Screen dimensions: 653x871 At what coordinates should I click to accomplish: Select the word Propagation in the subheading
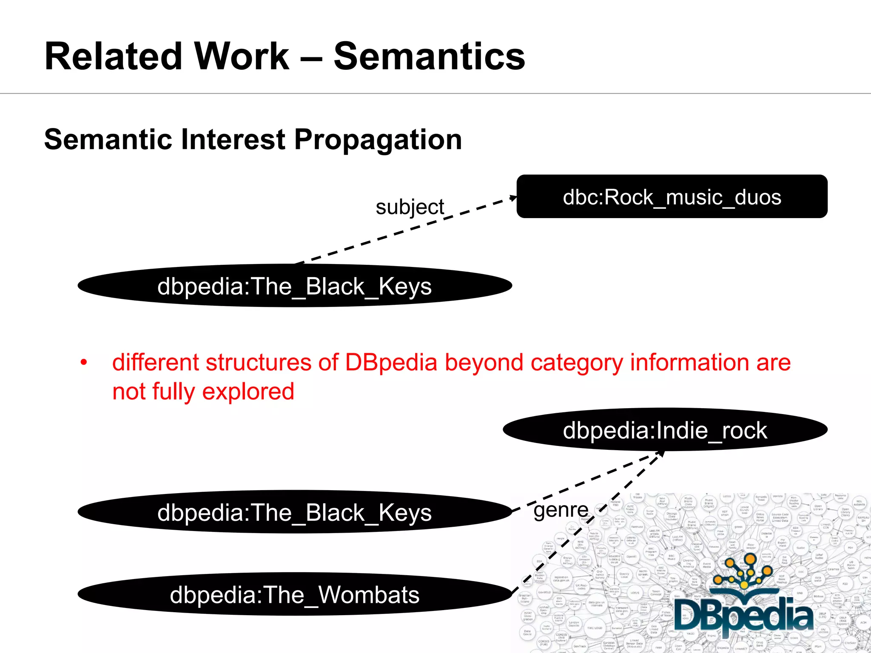click(378, 140)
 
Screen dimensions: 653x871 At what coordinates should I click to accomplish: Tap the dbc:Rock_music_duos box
click(672, 197)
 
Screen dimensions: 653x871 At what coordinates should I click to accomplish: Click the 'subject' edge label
click(410, 207)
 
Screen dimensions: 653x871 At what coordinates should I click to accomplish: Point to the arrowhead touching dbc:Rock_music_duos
click(513, 198)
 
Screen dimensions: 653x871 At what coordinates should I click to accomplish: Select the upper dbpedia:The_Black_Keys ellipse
click(294, 286)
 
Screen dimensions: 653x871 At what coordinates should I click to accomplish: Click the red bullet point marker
click(84, 363)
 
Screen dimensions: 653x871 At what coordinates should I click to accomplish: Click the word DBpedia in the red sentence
click(391, 363)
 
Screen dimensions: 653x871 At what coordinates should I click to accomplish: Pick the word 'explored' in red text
click(248, 392)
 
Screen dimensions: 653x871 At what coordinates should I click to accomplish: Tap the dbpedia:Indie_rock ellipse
click(665, 430)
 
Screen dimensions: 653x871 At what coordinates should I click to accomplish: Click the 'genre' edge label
click(561, 509)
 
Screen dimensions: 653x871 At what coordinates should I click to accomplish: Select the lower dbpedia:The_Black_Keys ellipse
click(294, 512)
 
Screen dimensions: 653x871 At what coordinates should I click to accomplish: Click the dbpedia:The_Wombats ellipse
click(294, 594)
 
